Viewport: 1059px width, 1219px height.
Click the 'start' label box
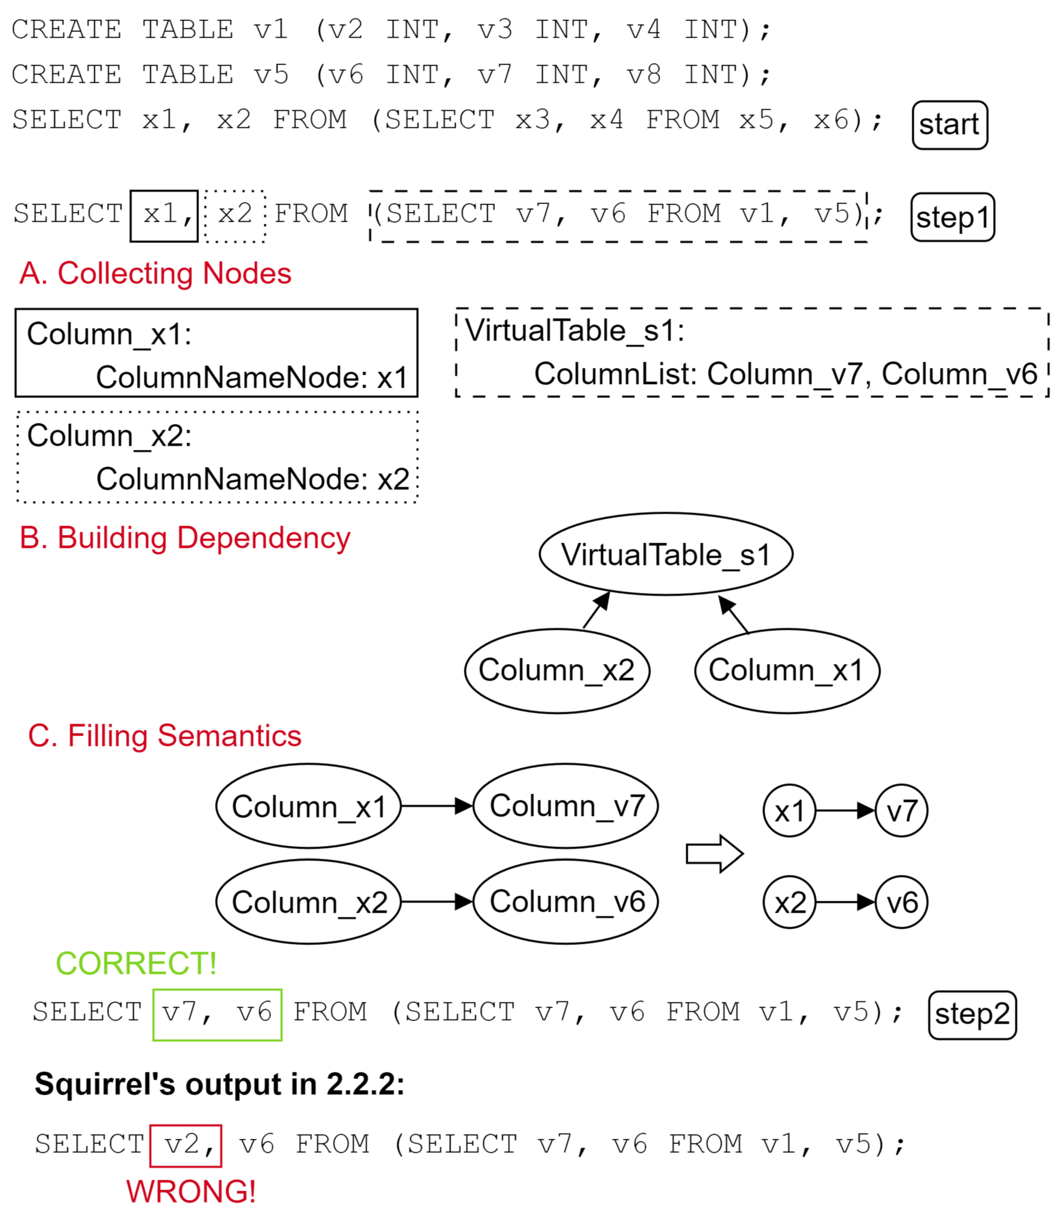tap(949, 125)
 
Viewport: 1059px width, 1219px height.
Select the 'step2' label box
tap(972, 1015)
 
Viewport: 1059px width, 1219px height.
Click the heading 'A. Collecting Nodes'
tap(155, 273)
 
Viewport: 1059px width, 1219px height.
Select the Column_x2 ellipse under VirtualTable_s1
tap(557, 670)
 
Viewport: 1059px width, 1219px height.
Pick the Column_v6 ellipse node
tap(566, 902)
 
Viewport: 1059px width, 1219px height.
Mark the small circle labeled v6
tap(901, 902)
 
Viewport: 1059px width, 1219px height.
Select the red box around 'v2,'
tap(186, 1146)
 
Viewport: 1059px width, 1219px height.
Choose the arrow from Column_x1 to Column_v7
tap(436, 806)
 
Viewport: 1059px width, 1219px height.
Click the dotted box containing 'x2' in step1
tap(235, 216)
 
